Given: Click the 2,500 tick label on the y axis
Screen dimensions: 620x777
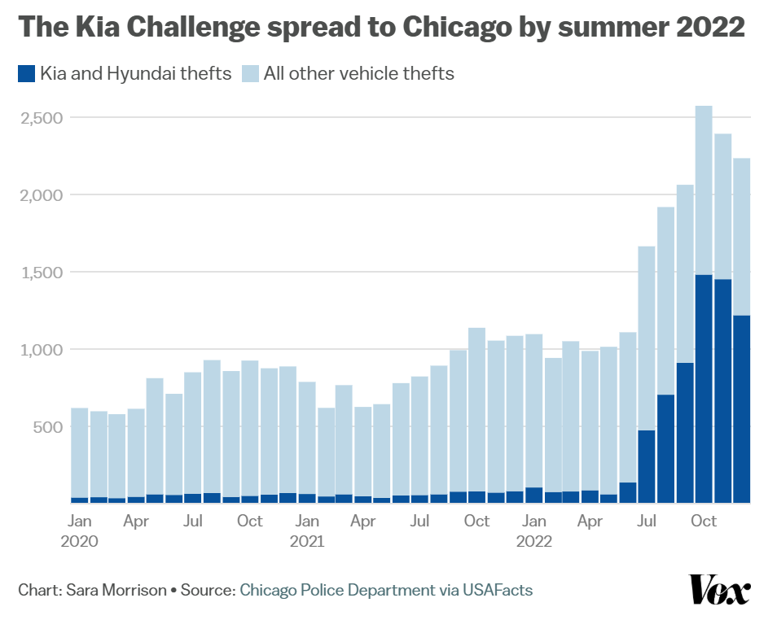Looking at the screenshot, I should pos(41,118).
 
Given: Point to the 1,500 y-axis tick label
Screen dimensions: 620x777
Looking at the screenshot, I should pos(41,273).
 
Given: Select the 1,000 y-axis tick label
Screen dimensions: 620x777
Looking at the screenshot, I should pos(41,350).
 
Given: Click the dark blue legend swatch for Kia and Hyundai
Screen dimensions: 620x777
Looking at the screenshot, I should pos(26,74).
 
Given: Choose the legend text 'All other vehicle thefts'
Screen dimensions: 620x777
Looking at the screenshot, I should pos(358,74).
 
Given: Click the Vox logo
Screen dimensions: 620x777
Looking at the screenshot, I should pos(719,590).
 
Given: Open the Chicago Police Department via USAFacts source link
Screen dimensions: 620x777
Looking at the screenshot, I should pos(385,590).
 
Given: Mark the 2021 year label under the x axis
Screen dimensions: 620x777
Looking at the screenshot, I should pos(307,541).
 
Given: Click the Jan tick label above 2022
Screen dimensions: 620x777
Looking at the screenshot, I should pos(534,521).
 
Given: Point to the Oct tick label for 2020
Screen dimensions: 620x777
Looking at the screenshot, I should pos(250,521).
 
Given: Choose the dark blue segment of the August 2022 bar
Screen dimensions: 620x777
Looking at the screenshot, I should pos(665,448).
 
